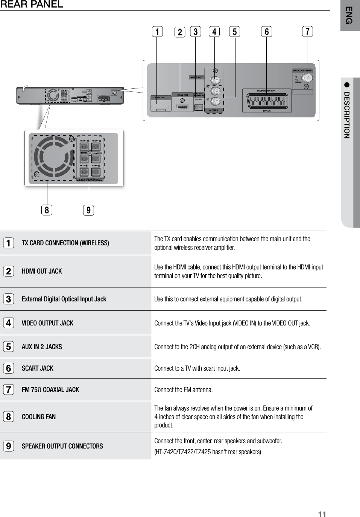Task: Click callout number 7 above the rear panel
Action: (307, 32)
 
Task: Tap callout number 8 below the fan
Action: (47, 210)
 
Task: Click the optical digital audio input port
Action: (199, 106)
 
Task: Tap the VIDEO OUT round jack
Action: (216, 80)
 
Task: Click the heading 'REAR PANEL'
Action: (32, 5)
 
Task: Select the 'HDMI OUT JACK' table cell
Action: (42, 271)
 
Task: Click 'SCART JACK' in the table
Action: (38, 368)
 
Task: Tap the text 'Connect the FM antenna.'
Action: (184, 390)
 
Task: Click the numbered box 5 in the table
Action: (8, 347)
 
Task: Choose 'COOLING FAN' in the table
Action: (39, 417)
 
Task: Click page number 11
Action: (322, 514)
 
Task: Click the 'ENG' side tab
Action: (349, 15)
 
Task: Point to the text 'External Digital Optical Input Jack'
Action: (64, 299)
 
